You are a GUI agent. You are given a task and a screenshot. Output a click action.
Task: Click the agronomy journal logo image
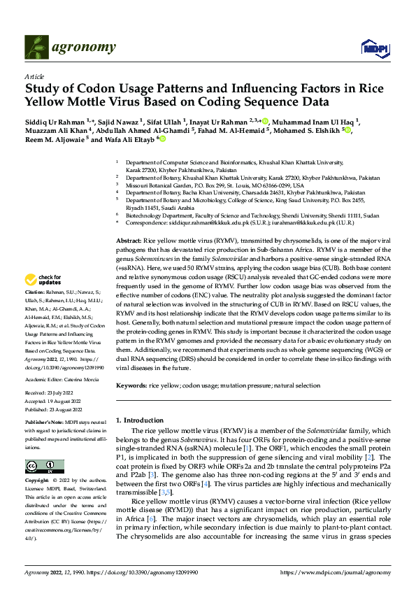point(38,48)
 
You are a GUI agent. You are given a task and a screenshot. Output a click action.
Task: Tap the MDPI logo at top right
point(373,48)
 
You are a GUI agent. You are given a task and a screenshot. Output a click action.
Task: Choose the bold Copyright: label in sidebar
point(36,481)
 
